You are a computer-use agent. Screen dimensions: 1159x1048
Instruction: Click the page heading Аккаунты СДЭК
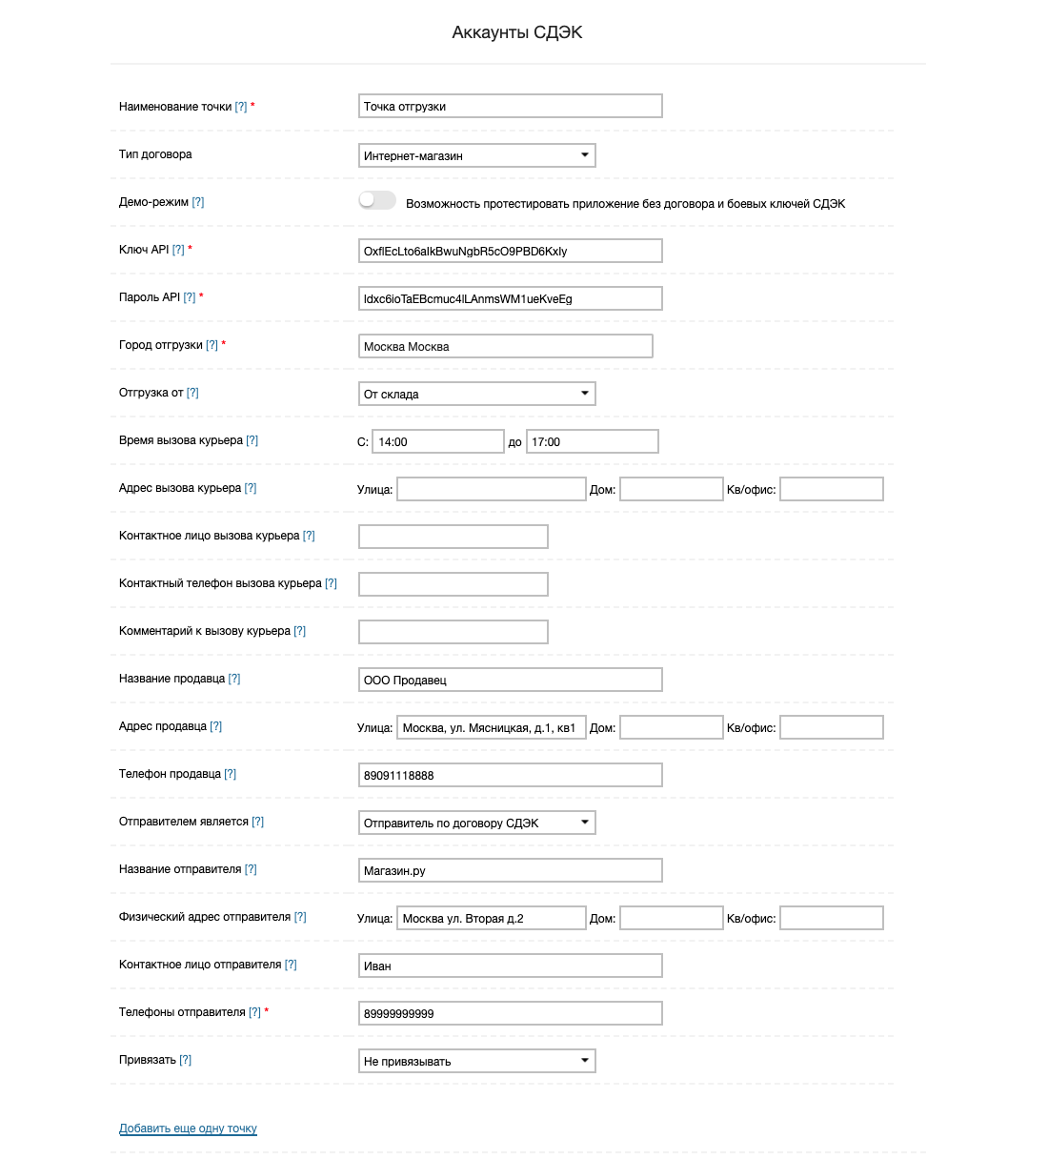516,32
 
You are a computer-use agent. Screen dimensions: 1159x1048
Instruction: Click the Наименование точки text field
510,107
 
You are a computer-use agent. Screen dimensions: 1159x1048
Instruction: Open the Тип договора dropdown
476,155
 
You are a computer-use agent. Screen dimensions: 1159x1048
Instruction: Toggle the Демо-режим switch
377,200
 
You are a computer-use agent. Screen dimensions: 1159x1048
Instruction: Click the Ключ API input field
510,251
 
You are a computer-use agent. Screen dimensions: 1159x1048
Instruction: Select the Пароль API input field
510,298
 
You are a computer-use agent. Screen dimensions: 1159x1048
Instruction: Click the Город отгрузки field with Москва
505,346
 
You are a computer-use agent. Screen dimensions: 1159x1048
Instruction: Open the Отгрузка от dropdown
476,394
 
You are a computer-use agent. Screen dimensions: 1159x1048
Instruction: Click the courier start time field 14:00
438,441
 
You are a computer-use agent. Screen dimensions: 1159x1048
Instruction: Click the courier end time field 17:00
592,441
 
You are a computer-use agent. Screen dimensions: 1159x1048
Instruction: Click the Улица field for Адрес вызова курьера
491,489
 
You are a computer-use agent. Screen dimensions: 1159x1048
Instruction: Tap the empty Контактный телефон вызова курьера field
453,584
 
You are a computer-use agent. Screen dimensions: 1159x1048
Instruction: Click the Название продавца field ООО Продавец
510,680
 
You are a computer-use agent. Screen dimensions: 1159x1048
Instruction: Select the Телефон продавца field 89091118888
510,775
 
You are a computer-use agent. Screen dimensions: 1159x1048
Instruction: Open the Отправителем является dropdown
476,823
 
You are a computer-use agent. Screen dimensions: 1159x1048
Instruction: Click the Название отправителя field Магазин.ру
510,870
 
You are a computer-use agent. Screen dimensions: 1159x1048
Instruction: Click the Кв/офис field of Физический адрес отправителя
831,918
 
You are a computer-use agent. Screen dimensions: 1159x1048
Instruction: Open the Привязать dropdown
476,1061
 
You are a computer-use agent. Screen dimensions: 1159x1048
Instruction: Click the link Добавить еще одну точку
188,1128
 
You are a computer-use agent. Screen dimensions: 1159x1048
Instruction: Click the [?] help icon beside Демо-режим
198,202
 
